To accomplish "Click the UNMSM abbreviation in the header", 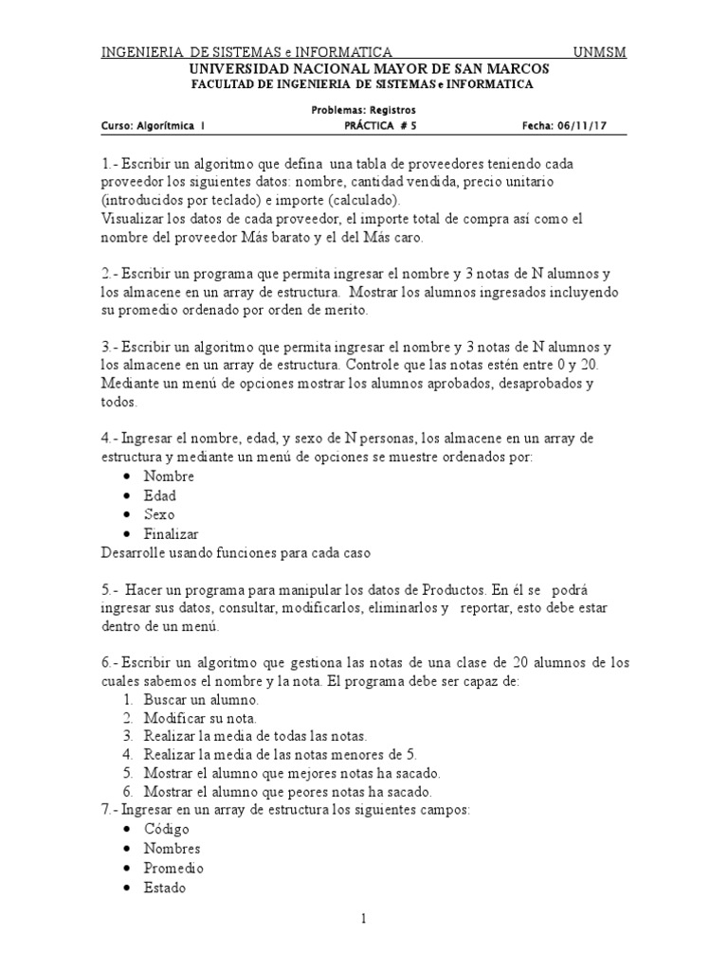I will tap(600, 53).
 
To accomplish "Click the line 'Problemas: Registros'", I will tap(364, 109).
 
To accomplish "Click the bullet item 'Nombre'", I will tap(169, 476).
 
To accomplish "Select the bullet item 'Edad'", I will tap(159, 495).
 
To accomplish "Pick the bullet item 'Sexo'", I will tap(159, 514).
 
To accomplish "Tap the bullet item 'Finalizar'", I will tap(171, 533).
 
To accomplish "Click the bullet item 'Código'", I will tap(166, 829).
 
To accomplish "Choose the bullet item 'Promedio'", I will tap(173, 868).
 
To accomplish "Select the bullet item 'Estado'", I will tap(165, 888).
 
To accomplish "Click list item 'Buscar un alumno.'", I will tap(201, 700).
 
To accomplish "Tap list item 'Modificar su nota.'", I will tap(200, 718).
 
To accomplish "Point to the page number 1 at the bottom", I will tap(363, 920).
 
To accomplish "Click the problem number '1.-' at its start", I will tap(110, 164).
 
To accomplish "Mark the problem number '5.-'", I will tap(110, 588).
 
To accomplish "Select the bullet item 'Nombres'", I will tap(172, 849).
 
